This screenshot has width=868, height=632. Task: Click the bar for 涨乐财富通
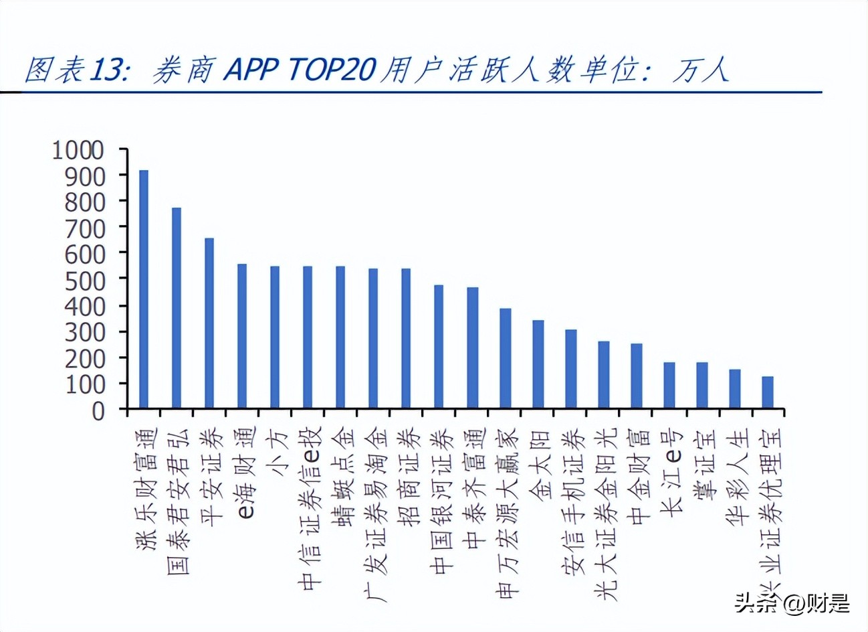[x=144, y=289]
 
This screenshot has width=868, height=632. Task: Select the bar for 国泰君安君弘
[x=177, y=308]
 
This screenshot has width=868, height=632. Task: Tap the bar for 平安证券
[x=209, y=323]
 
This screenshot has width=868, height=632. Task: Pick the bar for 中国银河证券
[x=439, y=347]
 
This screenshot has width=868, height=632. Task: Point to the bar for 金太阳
[x=538, y=364]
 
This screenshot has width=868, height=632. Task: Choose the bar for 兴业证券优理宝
[x=768, y=392]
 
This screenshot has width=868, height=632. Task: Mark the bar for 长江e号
[x=669, y=385]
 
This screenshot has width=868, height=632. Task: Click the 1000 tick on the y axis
[x=78, y=150]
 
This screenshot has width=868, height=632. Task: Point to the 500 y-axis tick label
[x=85, y=279]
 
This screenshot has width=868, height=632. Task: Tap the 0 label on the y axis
[x=98, y=410]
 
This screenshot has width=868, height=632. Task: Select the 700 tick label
[x=85, y=228]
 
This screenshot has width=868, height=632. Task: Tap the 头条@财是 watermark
[x=792, y=603]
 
